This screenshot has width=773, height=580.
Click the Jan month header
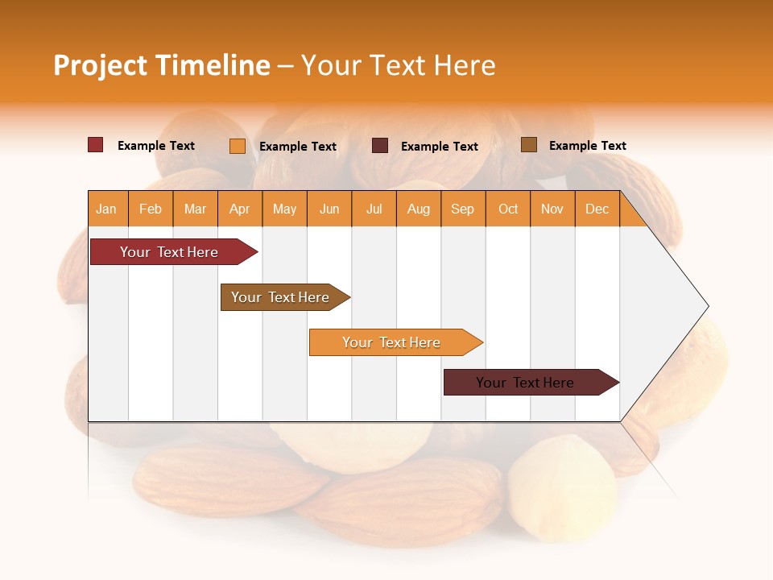click(107, 209)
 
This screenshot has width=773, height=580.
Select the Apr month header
click(240, 209)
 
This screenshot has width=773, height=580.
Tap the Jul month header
click(374, 209)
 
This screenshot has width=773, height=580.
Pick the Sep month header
click(463, 209)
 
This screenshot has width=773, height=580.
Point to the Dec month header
click(597, 209)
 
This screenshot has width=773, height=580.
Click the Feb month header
click(151, 209)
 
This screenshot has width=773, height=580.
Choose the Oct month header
click(508, 209)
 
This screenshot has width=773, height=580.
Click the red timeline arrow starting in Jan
click(169, 252)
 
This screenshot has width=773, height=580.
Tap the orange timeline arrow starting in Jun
click(391, 342)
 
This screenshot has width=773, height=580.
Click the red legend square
click(96, 145)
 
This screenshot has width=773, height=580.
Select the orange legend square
click(238, 146)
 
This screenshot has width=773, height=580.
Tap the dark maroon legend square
click(380, 146)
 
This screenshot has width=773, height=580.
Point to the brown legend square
click(528, 145)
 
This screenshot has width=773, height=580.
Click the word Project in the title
click(100, 65)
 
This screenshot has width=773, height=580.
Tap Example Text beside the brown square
click(587, 146)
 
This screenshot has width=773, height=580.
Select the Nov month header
click(552, 209)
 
